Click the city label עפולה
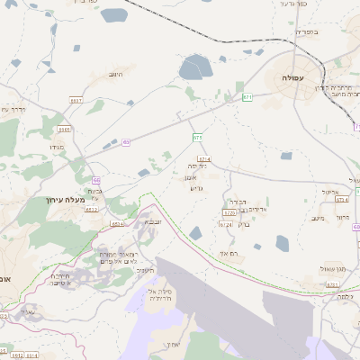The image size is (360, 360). (x=293, y=79)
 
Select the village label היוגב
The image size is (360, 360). (x=114, y=74)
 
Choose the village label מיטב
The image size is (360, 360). (x=317, y=218)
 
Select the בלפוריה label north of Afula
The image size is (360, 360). (x=307, y=31)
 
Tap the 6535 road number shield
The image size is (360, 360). (x=65, y=130)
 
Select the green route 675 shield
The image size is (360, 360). (x=197, y=137)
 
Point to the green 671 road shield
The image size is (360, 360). (x=247, y=95)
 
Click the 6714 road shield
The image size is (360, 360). (x=203, y=158)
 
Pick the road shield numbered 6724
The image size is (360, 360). (x=226, y=224)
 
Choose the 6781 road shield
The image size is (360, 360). (x=332, y=284)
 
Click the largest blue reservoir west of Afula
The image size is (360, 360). (x=194, y=67)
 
